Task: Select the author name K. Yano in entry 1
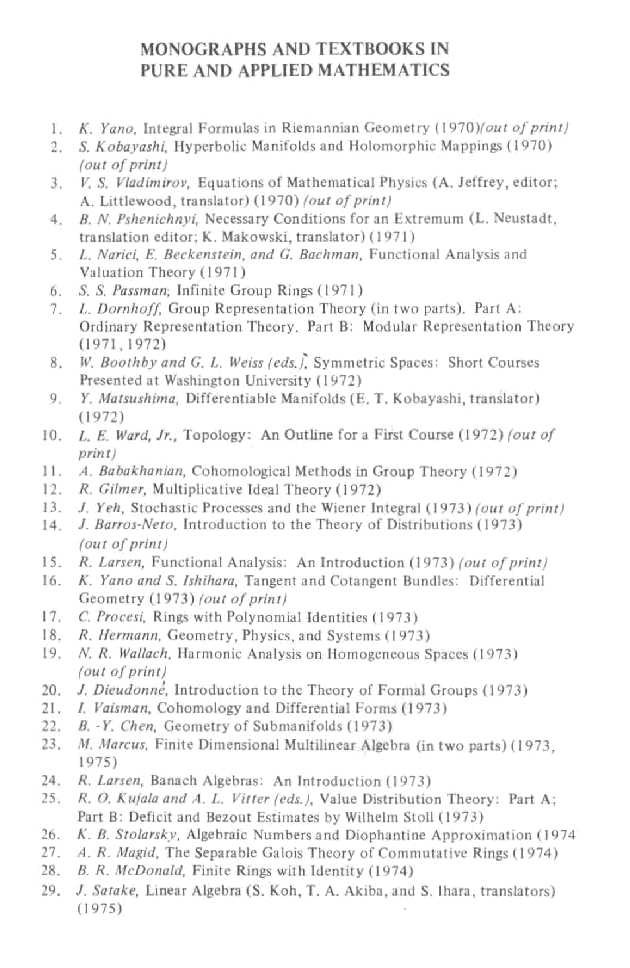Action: tap(107, 129)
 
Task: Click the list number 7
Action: tap(56, 310)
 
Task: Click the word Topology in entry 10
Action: tap(214, 435)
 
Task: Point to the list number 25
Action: tap(52, 799)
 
